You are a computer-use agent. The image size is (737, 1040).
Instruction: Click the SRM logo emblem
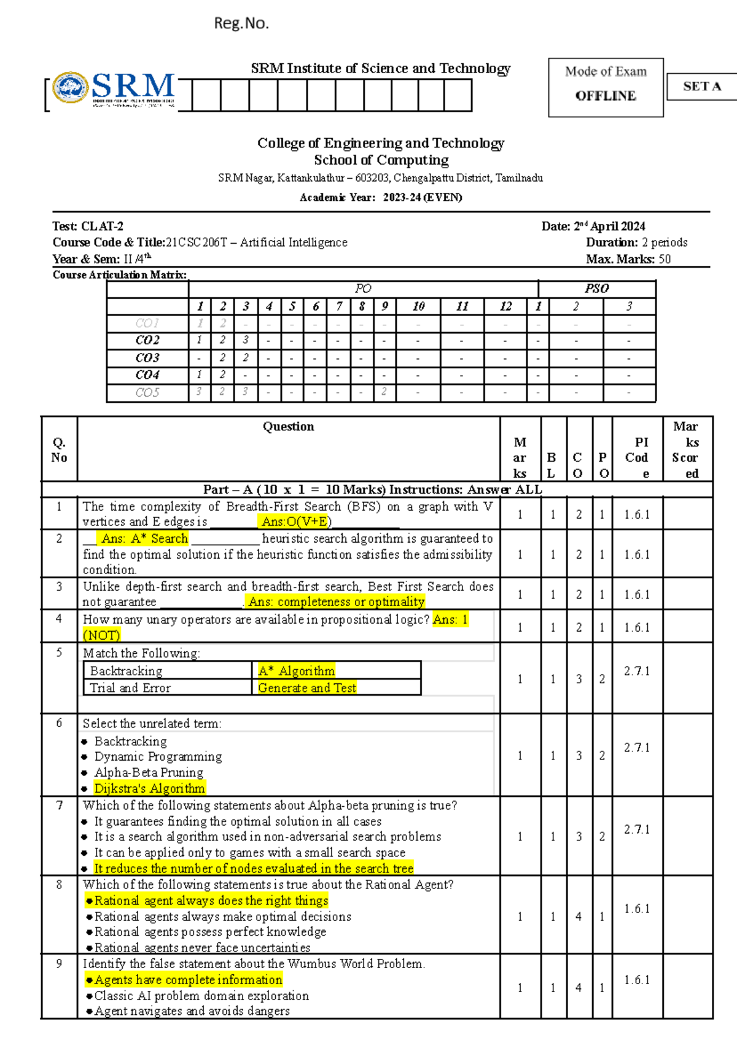[x=71, y=88]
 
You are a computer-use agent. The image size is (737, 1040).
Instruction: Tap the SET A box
[x=702, y=87]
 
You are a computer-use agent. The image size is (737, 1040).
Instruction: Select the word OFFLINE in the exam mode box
[x=606, y=96]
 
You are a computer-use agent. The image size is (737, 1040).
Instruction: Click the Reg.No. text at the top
[x=241, y=23]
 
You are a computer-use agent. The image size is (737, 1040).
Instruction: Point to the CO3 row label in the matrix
[x=147, y=358]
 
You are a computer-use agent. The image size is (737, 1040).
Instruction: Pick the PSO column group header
[x=596, y=289]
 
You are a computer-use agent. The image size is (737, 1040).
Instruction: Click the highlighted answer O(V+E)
[x=297, y=522]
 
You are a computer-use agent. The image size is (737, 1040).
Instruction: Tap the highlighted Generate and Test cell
[x=307, y=688]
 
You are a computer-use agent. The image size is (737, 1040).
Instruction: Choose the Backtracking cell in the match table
[x=127, y=671]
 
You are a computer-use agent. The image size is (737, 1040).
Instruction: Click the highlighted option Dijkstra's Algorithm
[x=149, y=788]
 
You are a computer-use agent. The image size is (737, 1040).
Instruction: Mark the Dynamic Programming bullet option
[x=158, y=756]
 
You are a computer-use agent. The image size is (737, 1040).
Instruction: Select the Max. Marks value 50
[x=665, y=259]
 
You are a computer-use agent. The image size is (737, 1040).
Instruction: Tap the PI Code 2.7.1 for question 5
[x=637, y=671]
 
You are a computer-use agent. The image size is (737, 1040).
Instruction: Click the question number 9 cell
[x=59, y=964]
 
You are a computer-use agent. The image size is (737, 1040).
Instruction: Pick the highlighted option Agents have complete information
[x=188, y=980]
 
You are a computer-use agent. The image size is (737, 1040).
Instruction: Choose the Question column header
[x=288, y=427]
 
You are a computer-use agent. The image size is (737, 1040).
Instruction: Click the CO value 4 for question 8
[x=579, y=917]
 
